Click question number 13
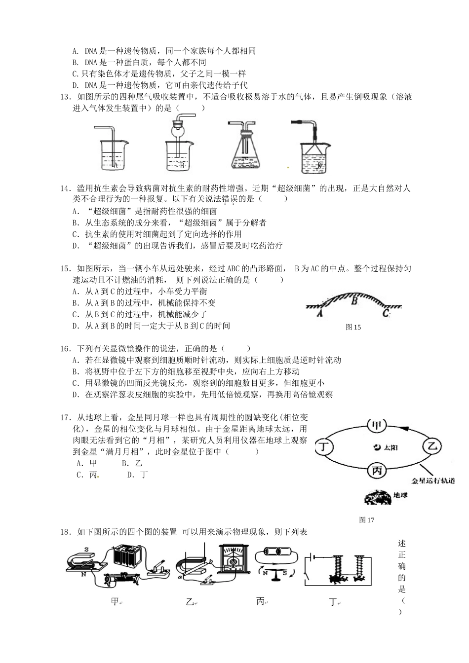click(65, 97)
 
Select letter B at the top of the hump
click(354, 298)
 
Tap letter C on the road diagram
click(386, 312)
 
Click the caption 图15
click(354, 327)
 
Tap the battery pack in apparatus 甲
click(127, 558)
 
